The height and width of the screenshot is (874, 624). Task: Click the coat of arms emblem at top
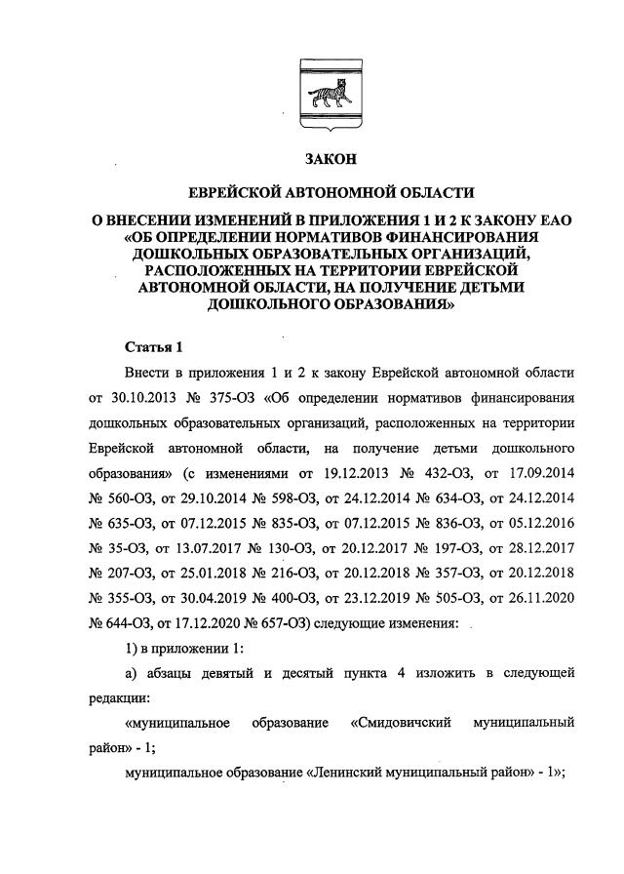click(311, 92)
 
